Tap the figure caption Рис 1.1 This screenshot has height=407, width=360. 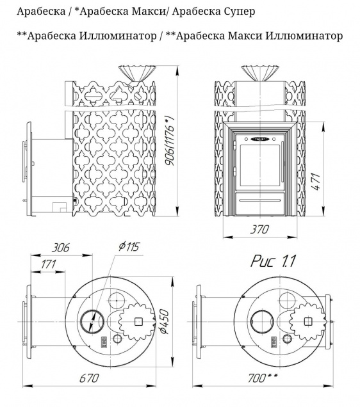(x=272, y=260)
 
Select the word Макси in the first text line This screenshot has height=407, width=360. (x=127, y=12)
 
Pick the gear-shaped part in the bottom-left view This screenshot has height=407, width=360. (x=135, y=321)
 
